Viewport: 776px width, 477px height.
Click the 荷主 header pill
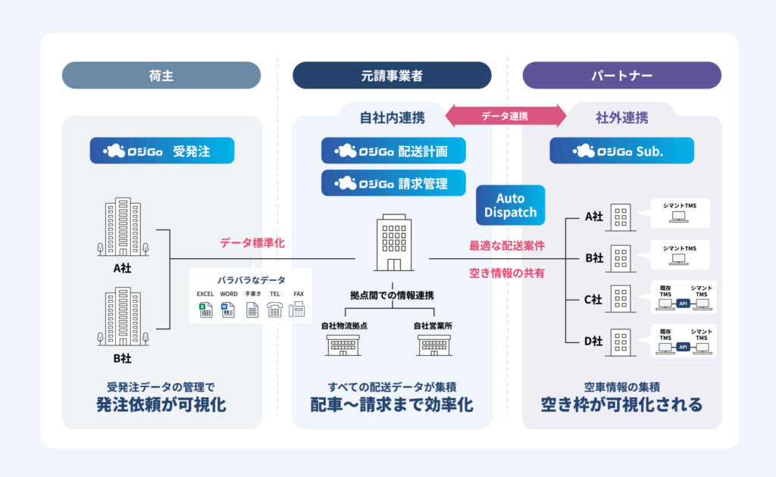[x=161, y=76]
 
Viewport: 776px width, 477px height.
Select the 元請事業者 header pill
[x=392, y=76]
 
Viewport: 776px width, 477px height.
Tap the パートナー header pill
[x=621, y=76]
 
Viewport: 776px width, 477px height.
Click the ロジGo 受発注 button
[x=161, y=151]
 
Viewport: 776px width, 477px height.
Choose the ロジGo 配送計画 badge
[x=393, y=151]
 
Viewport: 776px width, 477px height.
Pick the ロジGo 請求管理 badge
[x=393, y=182]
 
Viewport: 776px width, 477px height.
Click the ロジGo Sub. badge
[x=621, y=151]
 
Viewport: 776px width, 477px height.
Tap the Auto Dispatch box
[x=511, y=205]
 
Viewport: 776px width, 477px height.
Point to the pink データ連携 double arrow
[x=505, y=116]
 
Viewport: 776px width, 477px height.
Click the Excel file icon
[x=205, y=309]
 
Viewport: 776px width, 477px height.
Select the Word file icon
[x=228, y=309]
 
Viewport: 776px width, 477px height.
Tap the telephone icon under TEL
[x=274, y=309]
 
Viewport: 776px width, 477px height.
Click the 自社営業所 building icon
[x=435, y=344]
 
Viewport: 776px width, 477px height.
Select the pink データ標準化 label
[x=253, y=243]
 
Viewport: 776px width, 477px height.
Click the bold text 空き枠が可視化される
[x=621, y=404]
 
